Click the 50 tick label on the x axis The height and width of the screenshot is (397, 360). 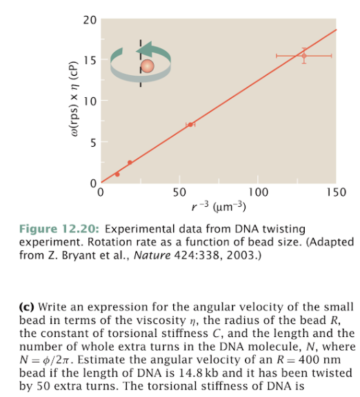click(179, 192)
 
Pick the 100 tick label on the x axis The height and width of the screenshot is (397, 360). click(257, 192)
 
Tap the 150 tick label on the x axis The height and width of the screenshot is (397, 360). click(336, 192)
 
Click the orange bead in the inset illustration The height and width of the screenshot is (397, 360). click(147, 65)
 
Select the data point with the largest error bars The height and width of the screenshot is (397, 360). click(303, 55)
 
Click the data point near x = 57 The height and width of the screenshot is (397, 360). click(190, 125)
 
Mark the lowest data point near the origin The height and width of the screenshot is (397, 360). click(117, 174)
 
